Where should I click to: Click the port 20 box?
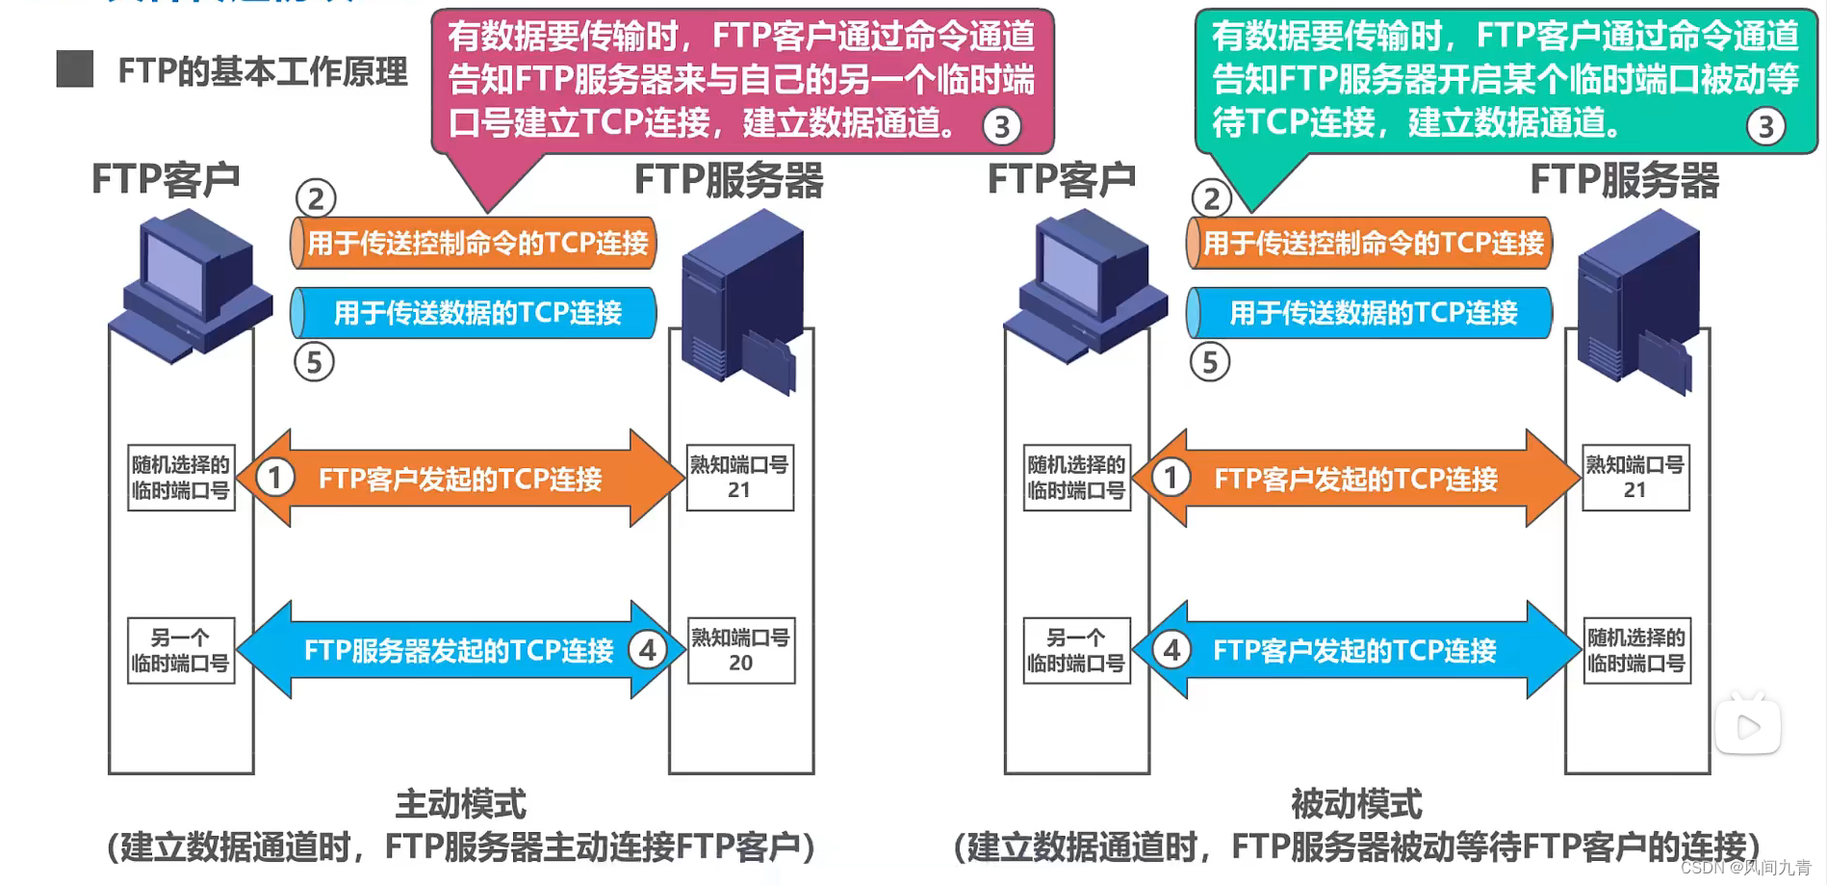click(740, 651)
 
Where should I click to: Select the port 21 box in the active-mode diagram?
click(739, 478)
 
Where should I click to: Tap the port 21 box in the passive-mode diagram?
click(1635, 478)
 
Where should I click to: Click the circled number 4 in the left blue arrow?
click(648, 651)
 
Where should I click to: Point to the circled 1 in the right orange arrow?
click(1171, 478)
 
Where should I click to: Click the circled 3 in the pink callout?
click(1001, 126)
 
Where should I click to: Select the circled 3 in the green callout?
click(1765, 126)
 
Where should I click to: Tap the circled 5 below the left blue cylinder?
click(314, 363)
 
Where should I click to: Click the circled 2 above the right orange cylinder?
click(1211, 198)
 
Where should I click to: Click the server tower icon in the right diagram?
click(1637, 299)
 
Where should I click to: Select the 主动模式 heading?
click(461, 804)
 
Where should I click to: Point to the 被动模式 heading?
click(1356, 804)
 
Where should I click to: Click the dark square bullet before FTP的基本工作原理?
click(74, 70)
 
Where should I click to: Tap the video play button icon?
click(1748, 727)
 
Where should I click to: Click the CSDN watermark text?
click(1745, 868)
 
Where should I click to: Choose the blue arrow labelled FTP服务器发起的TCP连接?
click(459, 651)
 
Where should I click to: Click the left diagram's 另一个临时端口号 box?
click(181, 651)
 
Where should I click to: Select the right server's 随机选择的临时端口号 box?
click(1636, 651)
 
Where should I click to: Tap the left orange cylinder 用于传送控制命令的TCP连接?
click(474, 243)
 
